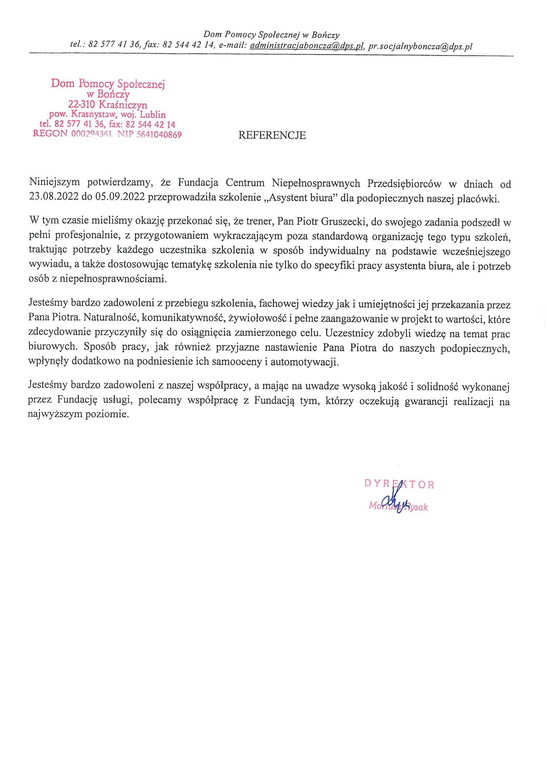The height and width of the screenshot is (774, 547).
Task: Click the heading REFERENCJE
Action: tap(272, 135)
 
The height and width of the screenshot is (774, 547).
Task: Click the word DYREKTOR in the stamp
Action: tap(399, 485)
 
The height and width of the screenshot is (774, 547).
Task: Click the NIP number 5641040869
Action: tap(159, 135)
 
